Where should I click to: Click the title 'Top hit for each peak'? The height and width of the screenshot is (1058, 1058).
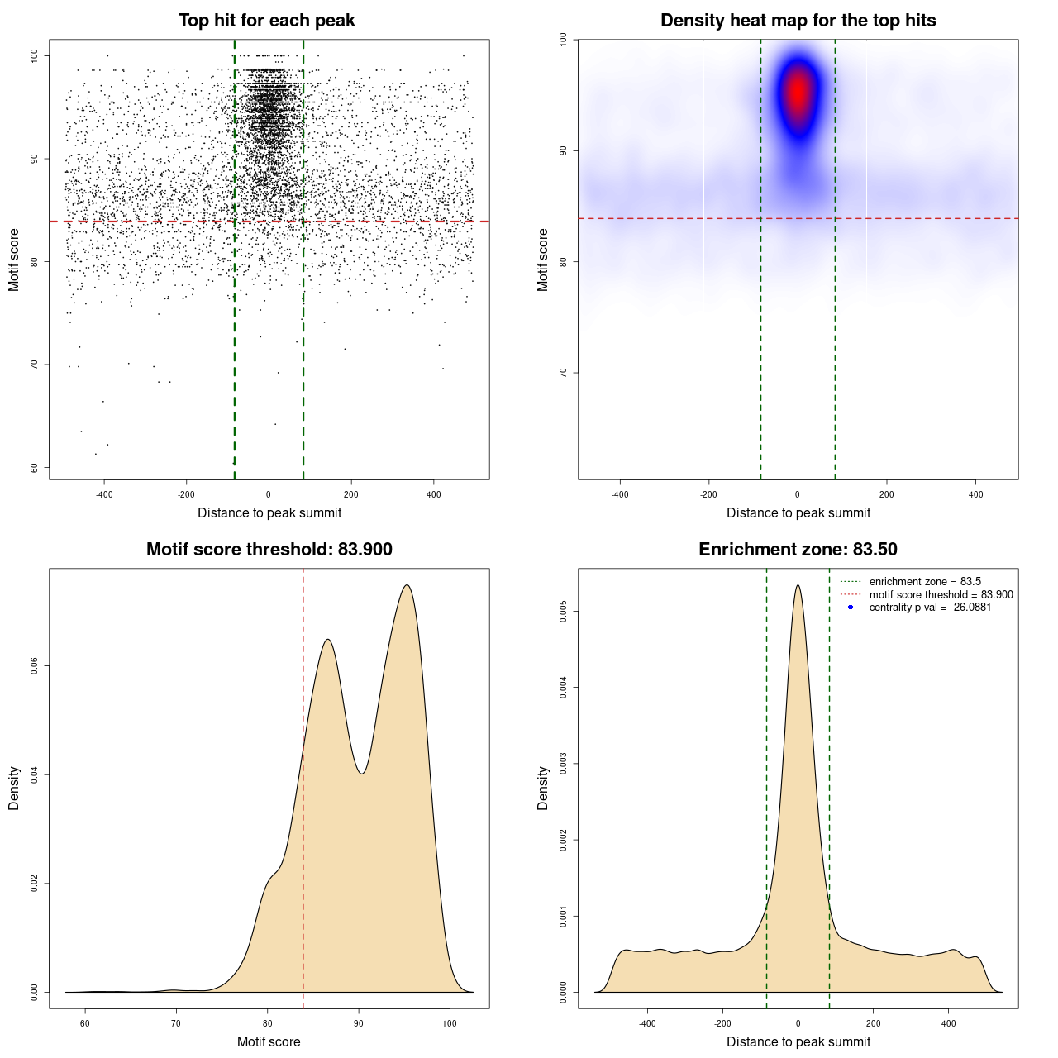click(266, 21)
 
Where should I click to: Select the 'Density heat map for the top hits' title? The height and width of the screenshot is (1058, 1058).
click(798, 21)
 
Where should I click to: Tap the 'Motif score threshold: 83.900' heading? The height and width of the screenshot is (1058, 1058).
click(269, 550)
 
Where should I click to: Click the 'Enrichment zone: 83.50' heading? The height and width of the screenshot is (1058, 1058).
click(798, 550)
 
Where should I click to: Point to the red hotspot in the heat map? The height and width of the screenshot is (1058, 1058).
click(798, 93)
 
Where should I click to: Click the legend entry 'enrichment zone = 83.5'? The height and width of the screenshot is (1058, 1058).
click(925, 582)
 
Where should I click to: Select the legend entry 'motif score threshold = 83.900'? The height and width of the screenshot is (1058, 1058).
click(941, 595)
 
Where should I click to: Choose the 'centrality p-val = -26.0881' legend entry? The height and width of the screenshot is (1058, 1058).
click(930, 608)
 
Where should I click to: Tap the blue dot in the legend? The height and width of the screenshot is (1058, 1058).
click(851, 608)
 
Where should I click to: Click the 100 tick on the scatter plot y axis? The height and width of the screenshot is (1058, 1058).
click(35, 55)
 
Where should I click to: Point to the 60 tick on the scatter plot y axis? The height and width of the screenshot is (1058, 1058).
click(35, 468)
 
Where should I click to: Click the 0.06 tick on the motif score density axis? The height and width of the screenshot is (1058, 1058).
click(35, 666)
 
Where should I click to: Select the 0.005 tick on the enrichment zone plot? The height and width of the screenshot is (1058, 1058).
click(564, 612)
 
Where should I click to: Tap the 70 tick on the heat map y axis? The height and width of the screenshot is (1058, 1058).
click(564, 373)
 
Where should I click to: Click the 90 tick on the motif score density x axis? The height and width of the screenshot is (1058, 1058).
click(359, 1023)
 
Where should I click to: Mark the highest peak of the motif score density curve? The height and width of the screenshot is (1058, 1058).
click(407, 585)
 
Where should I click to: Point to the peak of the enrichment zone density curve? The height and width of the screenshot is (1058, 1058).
click(798, 585)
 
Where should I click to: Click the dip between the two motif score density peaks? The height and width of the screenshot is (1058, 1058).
click(361, 774)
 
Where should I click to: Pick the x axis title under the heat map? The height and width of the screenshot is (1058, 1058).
click(798, 513)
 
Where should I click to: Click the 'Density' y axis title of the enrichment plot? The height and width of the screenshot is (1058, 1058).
click(543, 788)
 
